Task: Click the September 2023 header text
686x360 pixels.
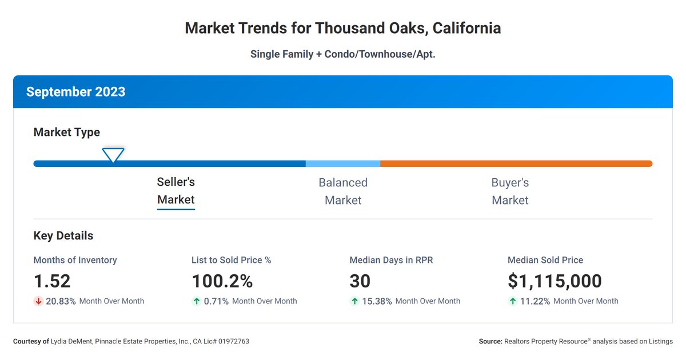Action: (x=75, y=92)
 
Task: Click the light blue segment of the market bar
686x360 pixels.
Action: (x=343, y=164)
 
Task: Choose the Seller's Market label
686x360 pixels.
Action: (x=176, y=191)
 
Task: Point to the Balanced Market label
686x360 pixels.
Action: (x=343, y=191)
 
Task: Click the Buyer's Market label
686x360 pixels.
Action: (x=510, y=191)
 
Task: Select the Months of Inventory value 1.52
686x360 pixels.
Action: (x=52, y=281)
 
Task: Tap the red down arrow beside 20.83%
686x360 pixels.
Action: (x=38, y=301)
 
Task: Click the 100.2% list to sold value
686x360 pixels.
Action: (x=222, y=281)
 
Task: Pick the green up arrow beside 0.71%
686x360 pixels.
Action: (x=196, y=301)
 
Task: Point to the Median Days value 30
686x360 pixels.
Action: (x=360, y=281)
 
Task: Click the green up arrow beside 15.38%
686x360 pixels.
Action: (x=354, y=301)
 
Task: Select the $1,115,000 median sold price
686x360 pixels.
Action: (x=555, y=281)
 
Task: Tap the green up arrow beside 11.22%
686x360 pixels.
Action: (x=512, y=301)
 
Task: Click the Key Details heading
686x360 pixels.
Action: (x=63, y=235)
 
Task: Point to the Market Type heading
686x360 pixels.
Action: (x=67, y=132)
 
